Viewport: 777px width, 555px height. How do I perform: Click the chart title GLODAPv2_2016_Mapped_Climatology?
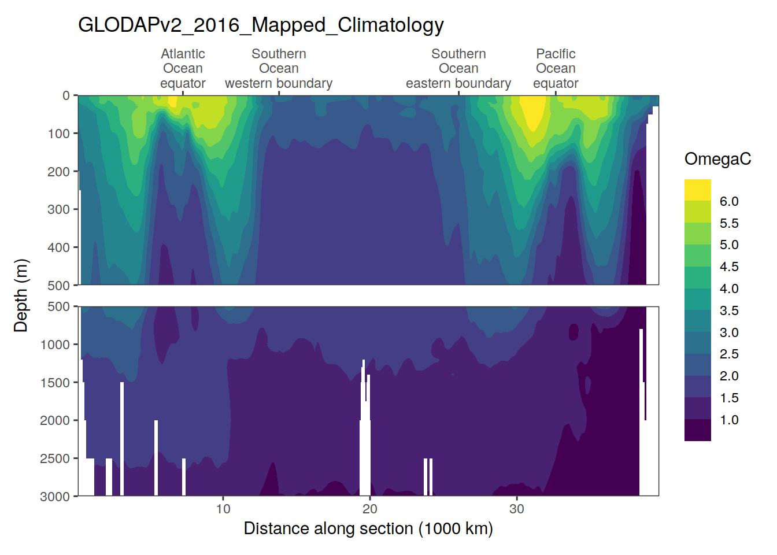(x=261, y=25)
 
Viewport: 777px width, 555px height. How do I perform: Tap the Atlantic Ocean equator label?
(x=183, y=69)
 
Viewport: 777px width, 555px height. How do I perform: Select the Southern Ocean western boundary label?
(x=279, y=69)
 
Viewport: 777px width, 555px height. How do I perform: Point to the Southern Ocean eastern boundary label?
(x=458, y=69)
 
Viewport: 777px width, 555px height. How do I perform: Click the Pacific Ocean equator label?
(x=556, y=69)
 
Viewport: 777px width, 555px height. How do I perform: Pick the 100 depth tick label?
(x=58, y=134)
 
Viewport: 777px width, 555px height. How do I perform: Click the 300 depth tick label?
(x=58, y=209)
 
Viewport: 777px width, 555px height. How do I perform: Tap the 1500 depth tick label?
(x=55, y=383)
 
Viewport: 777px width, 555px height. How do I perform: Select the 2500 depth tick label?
(x=55, y=458)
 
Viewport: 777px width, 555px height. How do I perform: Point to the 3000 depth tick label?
(x=55, y=497)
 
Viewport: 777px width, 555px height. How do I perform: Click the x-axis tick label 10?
(x=223, y=509)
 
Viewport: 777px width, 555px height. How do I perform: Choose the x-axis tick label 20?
(x=370, y=509)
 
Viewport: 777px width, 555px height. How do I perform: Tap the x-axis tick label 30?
(x=517, y=509)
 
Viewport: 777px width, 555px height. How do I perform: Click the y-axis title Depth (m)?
(x=21, y=295)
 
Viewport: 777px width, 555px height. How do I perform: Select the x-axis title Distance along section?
(x=368, y=528)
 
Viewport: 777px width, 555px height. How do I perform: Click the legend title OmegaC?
(x=717, y=159)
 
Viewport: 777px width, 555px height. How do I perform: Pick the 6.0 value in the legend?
(x=729, y=201)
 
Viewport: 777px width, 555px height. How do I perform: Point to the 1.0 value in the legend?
(x=729, y=420)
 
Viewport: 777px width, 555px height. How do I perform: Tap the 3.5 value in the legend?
(x=729, y=310)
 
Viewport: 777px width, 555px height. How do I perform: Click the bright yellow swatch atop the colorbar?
(x=697, y=190)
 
